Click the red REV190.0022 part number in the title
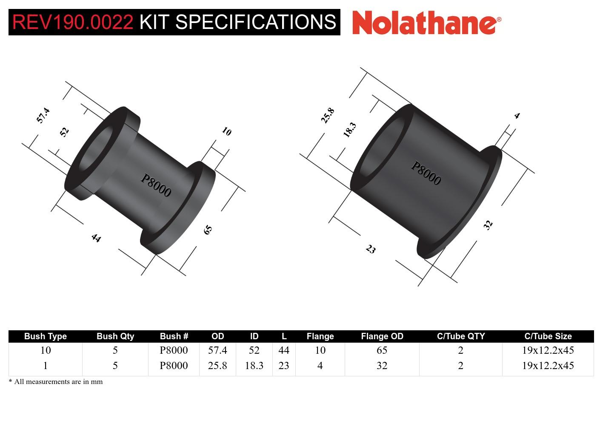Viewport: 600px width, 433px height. click(73, 22)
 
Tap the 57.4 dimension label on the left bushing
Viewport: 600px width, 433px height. click(43, 115)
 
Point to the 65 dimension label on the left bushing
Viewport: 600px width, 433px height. click(208, 230)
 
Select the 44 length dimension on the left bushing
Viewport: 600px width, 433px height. click(96, 238)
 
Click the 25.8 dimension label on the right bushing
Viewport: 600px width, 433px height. click(328, 115)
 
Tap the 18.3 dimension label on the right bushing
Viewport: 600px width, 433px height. click(349, 130)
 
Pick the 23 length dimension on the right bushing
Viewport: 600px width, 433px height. click(371, 249)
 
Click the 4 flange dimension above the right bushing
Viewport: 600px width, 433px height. click(517, 115)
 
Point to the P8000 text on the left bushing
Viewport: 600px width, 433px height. click(156, 186)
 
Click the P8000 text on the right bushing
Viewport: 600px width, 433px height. click(426, 173)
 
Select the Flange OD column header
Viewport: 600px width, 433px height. click(382, 336)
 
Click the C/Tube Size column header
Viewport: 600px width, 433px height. click(548, 336)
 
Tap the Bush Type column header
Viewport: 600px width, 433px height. click(46, 336)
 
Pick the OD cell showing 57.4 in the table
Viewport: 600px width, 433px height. click(217, 350)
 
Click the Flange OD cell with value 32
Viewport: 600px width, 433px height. click(382, 366)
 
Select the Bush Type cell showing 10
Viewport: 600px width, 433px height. click(46, 350)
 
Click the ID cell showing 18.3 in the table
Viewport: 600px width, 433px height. click(254, 366)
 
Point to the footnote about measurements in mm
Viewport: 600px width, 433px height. click(56, 381)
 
